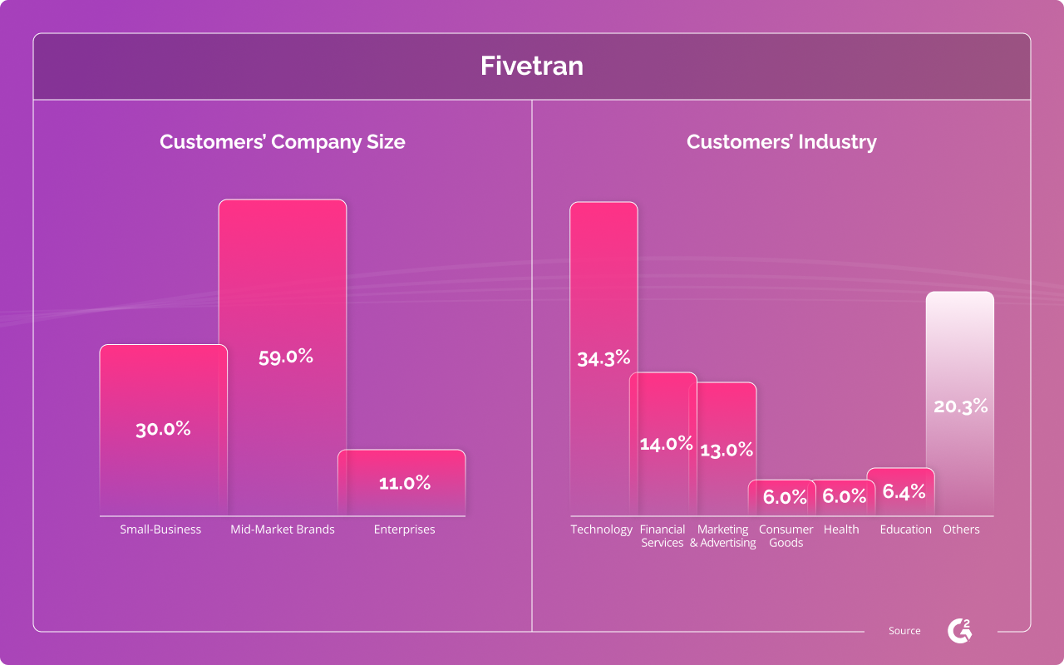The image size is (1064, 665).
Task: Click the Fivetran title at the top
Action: click(532, 66)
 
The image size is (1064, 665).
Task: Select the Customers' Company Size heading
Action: click(283, 142)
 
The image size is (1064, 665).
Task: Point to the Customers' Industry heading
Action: click(781, 142)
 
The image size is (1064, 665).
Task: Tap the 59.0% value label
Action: click(286, 357)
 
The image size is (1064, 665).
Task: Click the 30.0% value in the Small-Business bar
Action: click(164, 429)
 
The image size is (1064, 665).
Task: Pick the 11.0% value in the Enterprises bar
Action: click(405, 483)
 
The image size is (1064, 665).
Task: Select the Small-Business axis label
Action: click(160, 530)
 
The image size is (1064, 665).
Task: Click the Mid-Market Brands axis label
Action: click(283, 530)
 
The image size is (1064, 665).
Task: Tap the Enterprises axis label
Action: click(404, 530)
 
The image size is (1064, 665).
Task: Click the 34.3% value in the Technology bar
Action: click(603, 358)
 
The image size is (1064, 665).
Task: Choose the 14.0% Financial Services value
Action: click(666, 444)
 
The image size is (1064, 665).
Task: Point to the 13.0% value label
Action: click(727, 450)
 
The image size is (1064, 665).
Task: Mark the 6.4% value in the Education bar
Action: click(904, 491)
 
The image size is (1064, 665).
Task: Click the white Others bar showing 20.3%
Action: click(960, 403)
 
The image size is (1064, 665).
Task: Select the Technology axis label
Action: click(601, 530)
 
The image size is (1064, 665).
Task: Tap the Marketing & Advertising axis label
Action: click(722, 536)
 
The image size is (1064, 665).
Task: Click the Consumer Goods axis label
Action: click(786, 536)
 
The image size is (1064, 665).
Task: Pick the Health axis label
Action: click(841, 530)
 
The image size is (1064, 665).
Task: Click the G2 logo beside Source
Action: click(960, 631)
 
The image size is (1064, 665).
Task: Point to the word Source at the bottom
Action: click(904, 631)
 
